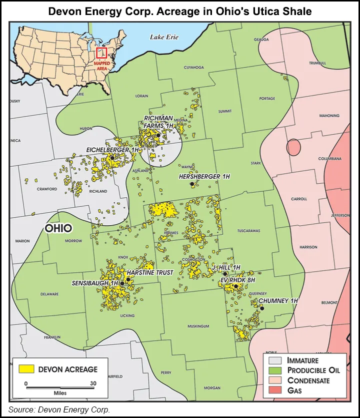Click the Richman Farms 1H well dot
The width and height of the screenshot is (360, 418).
(158, 135)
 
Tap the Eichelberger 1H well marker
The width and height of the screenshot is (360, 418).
(112, 158)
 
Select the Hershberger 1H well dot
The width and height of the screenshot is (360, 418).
(192, 184)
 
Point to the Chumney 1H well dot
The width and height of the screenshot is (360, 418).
(261, 308)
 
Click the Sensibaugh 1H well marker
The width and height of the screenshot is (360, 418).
(122, 283)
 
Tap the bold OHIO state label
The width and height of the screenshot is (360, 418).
(58, 228)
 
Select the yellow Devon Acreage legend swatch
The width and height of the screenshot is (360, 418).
(26, 369)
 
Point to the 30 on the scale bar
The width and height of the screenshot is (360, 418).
(93, 383)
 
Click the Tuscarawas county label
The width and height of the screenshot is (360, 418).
(248, 231)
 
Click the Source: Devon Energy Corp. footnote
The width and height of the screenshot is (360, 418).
(59, 409)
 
